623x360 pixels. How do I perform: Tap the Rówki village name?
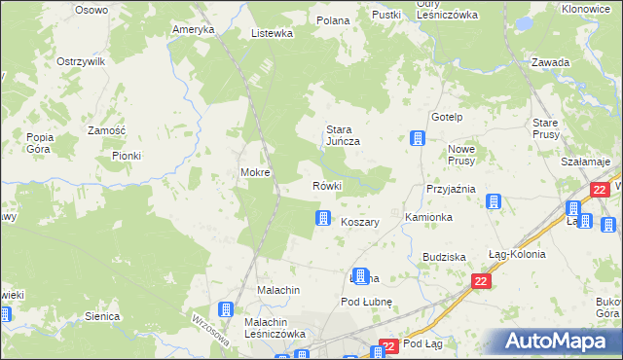[325, 186]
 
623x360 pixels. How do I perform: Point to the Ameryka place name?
[193, 29]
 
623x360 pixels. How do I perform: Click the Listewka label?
[272, 33]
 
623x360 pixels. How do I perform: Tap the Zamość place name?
[106, 130]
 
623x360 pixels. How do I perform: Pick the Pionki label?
[127, 156]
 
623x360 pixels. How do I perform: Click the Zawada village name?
[550, 62]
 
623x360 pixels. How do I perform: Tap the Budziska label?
[444, 256]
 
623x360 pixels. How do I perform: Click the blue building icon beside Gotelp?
[418, 138]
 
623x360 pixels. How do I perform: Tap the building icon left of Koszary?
[322, 220]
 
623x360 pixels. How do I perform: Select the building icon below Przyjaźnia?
[494, 202]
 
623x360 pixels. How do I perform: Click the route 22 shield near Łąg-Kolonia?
[481, 281]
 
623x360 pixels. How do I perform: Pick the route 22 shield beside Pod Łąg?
[388, 345]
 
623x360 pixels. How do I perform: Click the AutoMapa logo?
[560, 342]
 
